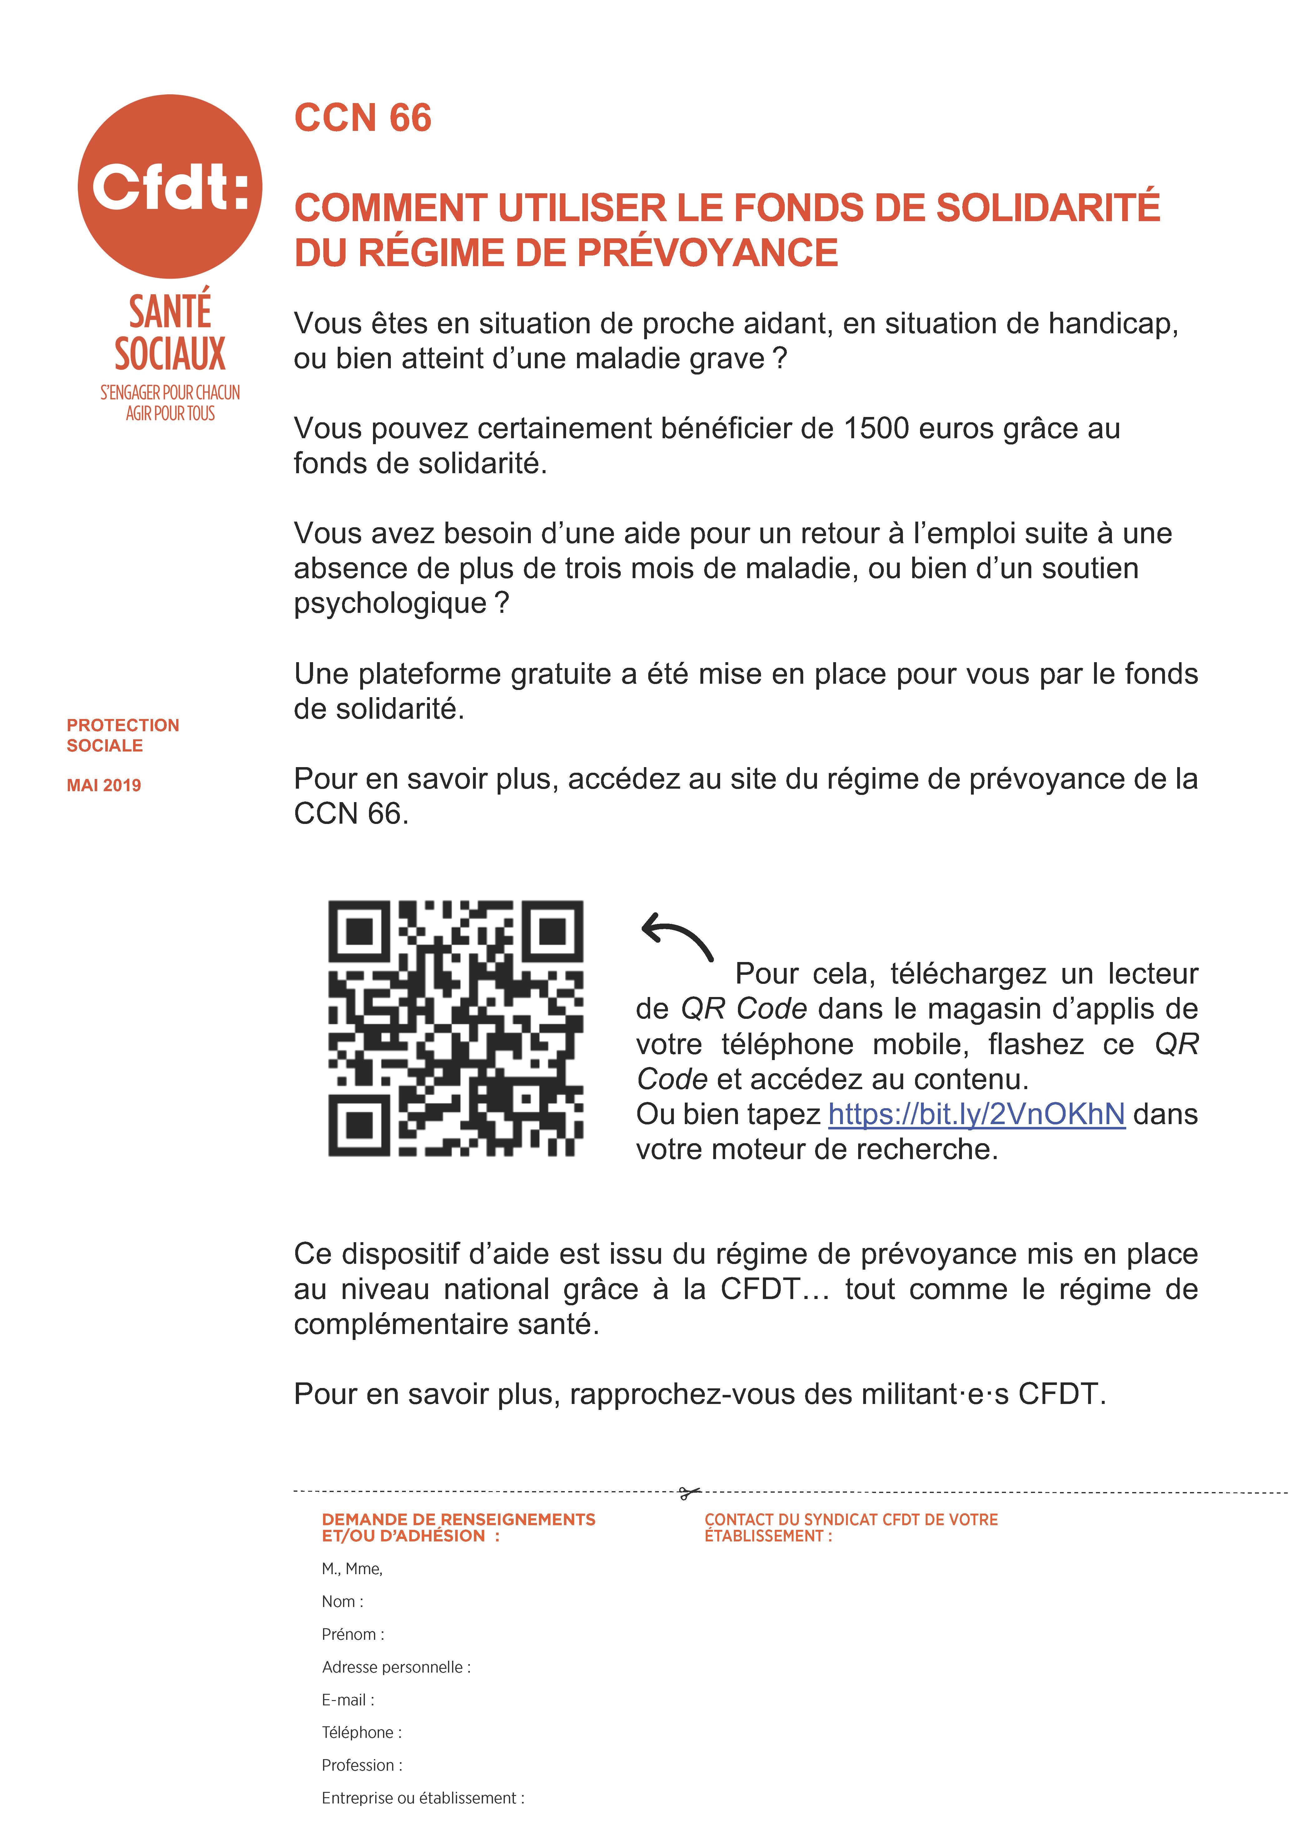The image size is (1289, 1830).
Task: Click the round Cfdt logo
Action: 170,186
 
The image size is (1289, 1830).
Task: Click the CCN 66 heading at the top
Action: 363,118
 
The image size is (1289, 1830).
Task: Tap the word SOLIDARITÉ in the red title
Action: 1048,208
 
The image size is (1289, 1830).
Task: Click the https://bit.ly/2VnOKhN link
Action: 977,1114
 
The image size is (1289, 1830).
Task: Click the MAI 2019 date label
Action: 104,785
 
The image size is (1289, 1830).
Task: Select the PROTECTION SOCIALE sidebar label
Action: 123,735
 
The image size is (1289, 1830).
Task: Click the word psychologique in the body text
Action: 390,603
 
